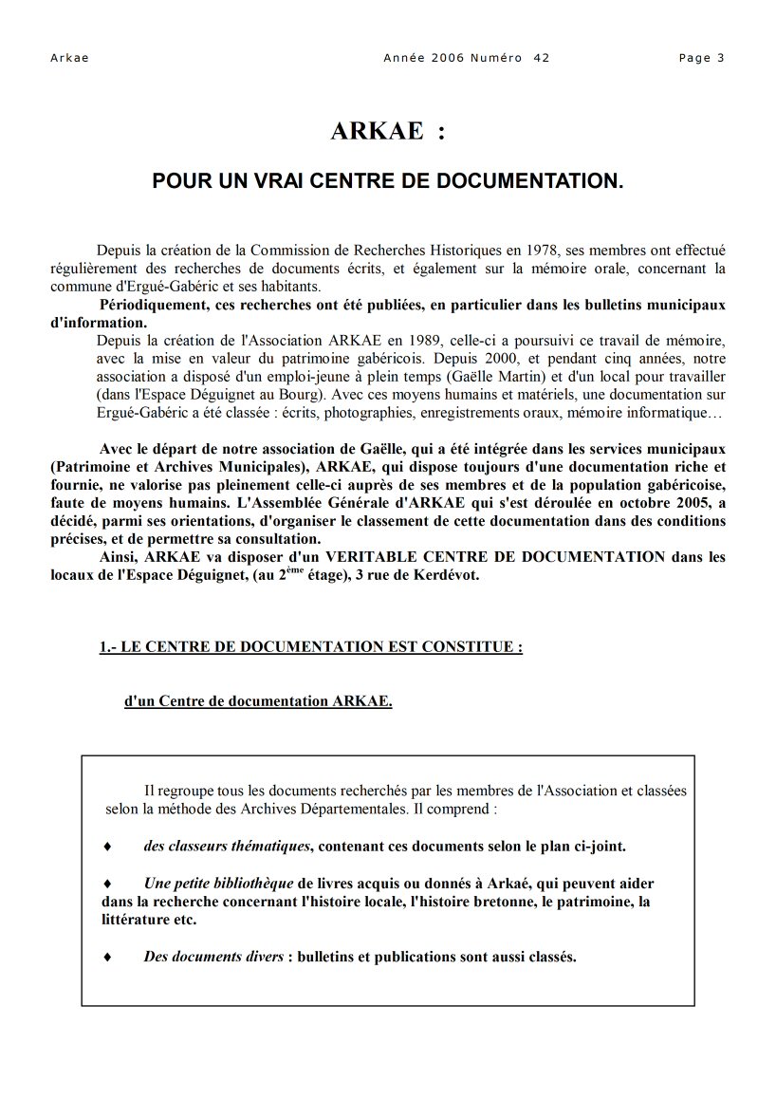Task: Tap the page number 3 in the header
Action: pyautogui.click(x=721, y=58)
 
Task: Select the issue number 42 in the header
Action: pyautogui.click(x=542, y=58)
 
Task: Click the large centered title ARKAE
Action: pyautogui.click(x=377, y=132)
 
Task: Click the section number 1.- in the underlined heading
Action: pyautogui.click(x=108, y=648)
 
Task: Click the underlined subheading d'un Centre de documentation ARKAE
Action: pyautogui.click(x=258, y=702)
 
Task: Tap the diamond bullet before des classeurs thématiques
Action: pyautogui.click(x=107, y=846)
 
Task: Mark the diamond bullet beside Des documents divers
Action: pyautogui.click(x=107, y=957)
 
